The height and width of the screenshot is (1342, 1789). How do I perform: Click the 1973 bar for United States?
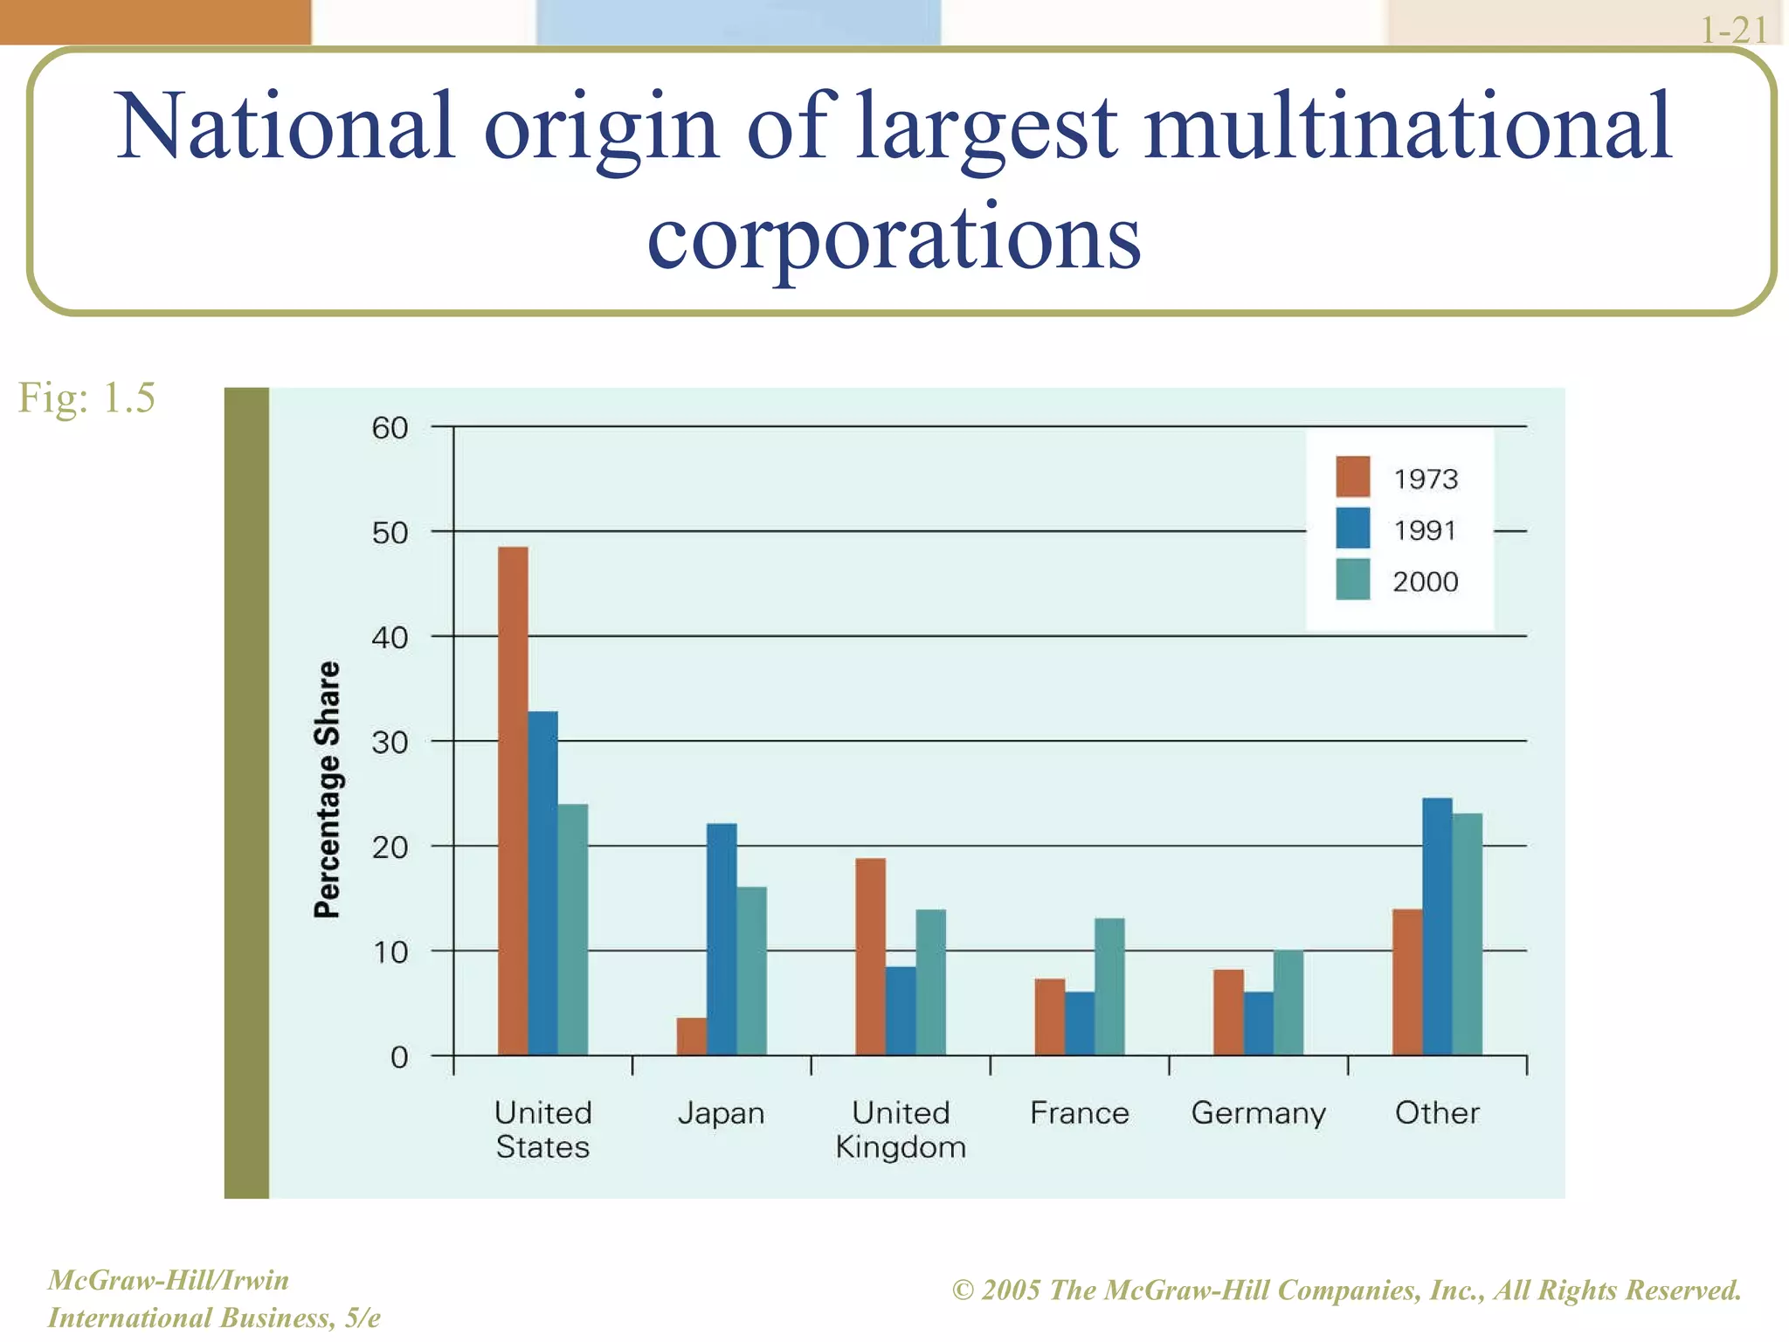tap(513, 800)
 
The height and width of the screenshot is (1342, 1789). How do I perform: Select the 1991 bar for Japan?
tap(722, 938)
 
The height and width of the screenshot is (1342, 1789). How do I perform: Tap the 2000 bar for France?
tap(1109, 986)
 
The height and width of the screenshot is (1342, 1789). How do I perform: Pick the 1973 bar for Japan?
tap(691, 1036)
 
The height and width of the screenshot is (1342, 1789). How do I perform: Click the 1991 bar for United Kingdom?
tap(901, 1011)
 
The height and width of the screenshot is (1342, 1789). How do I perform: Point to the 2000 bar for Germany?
tap(1288, 1002)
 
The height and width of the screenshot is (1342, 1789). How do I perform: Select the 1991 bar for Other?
tap(1437, 926)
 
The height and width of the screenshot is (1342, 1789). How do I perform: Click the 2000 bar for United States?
tap(573, 929)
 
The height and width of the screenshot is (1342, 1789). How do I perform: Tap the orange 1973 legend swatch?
tap(1352, 477)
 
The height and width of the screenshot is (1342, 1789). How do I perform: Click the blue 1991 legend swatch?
tap(1352, 529)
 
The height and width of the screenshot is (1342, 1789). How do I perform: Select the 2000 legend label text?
tap(1425, 582)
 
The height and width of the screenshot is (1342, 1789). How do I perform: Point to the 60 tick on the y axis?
tap(390, 428)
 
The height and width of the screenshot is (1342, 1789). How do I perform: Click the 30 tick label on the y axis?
tap(390, 743)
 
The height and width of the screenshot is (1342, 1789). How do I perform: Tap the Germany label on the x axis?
tap(1258, 1114)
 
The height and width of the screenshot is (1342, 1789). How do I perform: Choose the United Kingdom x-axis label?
tap(901, 1130)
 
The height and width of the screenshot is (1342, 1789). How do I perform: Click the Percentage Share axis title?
tap(327, 790)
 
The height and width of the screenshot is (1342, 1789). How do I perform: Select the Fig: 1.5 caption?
tap(86, 398)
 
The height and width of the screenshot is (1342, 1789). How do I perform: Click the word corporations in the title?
tap(894, 237)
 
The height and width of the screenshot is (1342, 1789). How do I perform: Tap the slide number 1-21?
tap(1733, 31)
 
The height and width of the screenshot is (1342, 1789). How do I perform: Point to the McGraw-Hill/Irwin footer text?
tap(168, 1280)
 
